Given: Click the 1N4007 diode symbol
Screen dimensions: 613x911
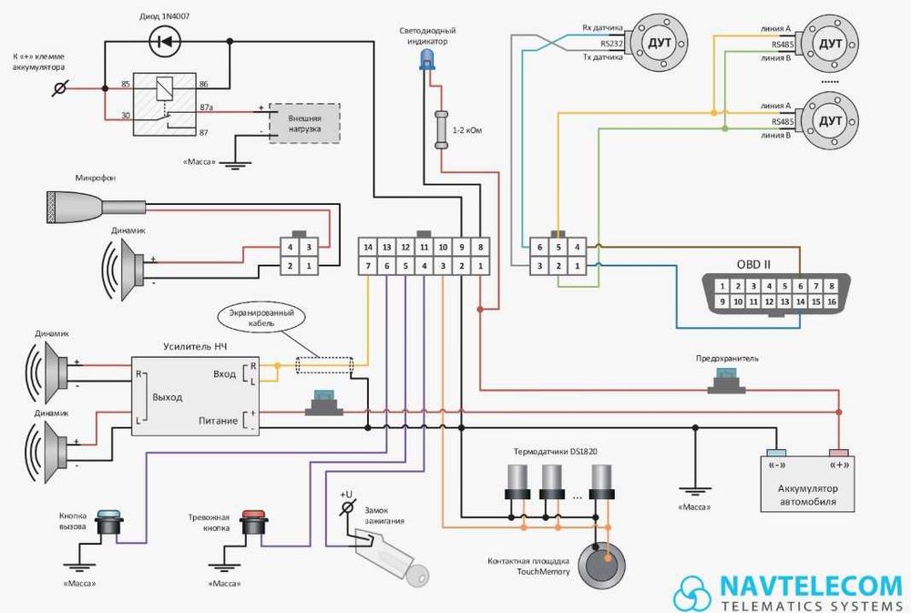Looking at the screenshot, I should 166,40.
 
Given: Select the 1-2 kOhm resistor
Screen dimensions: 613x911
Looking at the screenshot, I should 444,128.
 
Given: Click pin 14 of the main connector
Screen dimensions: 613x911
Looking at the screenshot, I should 368,247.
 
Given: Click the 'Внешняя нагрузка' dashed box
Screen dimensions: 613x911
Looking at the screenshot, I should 303,121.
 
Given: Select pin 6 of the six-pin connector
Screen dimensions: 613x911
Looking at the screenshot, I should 539,247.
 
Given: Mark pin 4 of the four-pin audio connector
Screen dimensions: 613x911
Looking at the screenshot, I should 291,247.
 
